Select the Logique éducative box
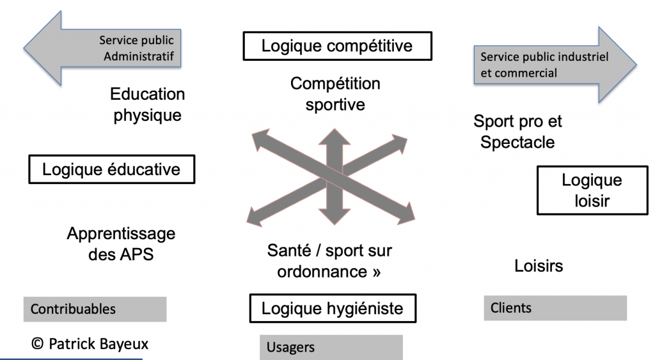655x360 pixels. point(111,170)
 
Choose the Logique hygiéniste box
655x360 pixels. point(333,309)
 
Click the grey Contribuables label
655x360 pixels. point(95,309)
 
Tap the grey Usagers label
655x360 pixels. point(331,348)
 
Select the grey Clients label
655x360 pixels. point(555,308)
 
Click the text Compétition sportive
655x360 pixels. point(335,94)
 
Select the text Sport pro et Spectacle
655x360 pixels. point(517,131)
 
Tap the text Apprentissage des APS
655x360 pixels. point(120,244)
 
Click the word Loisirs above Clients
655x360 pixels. point(539,265)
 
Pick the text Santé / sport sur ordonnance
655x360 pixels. point(329,261)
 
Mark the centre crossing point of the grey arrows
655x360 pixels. point(331,180)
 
